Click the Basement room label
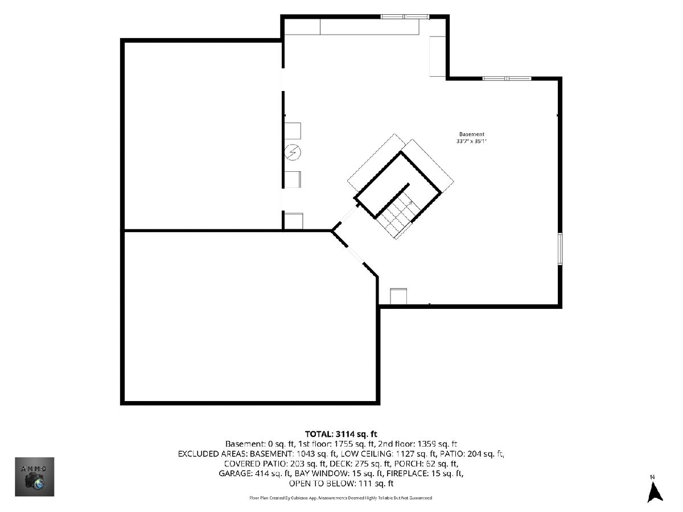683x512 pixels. (471, 134)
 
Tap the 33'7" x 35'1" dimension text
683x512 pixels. (471, 141)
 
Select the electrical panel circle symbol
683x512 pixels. (293, 152)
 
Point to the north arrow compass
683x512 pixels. (655, 490)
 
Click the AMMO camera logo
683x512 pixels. (35, 477)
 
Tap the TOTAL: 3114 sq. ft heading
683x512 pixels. (341, 434)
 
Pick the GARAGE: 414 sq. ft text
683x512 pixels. (255, 473)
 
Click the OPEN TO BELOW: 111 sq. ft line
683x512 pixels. (341, 484)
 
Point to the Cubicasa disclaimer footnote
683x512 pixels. (341, 498)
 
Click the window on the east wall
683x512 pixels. (560, 249)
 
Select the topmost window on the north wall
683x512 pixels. (405, 17)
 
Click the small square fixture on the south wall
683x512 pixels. (398, 296)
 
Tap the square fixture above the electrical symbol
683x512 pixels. (293, 131)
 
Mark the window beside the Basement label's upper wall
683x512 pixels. (507, 79)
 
